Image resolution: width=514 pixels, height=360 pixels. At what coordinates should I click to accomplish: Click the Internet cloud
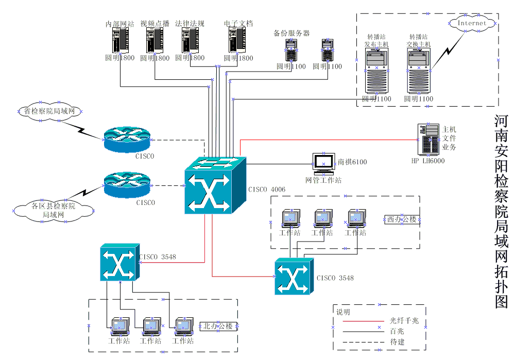472,23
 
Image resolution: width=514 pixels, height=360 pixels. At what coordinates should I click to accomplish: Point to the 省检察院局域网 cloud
50,111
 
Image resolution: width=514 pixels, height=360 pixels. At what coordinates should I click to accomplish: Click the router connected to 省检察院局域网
127,139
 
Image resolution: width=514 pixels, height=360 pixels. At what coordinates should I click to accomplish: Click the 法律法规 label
190,24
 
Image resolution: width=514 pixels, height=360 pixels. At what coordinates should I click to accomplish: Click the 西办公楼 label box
401,219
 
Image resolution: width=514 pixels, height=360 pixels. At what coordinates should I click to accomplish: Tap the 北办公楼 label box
218,326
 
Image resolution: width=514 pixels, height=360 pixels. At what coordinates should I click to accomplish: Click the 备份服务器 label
292,33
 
